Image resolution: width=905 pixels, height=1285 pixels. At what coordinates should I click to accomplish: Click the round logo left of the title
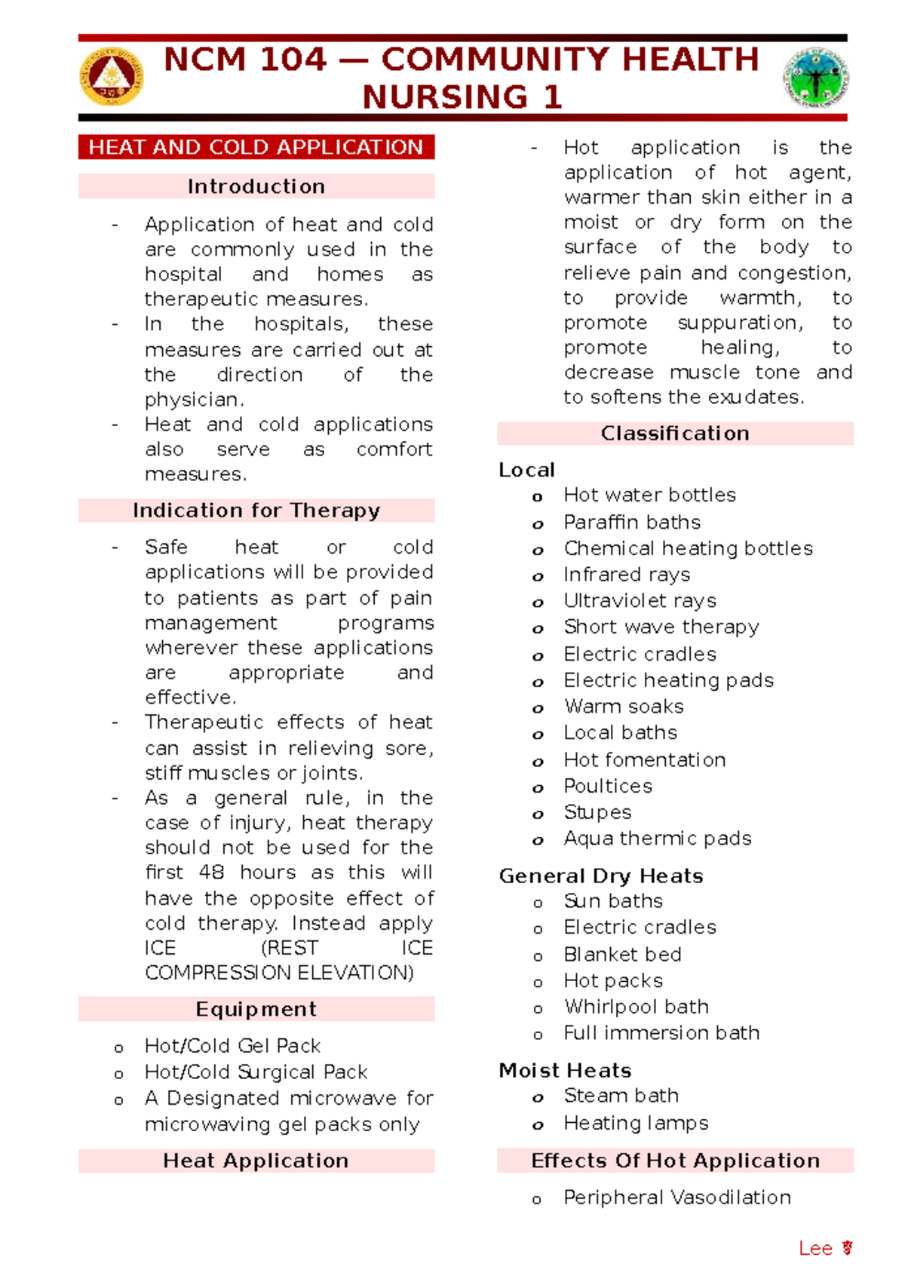point(112,77)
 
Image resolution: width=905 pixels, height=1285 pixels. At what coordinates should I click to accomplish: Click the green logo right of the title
point(816,78)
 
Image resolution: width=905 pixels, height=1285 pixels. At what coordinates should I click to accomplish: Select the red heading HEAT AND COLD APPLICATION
point(256,147)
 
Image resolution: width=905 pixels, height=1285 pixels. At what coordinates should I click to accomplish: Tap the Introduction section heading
point(256,186)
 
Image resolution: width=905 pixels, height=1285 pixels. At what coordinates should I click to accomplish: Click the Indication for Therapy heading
point(256,511)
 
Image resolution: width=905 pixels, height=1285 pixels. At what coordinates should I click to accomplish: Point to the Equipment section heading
point(256,1009)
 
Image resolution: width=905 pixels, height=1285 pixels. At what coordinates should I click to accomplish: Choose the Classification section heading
point(675,434)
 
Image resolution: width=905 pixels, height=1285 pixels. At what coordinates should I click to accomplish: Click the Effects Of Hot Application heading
point(675,1161)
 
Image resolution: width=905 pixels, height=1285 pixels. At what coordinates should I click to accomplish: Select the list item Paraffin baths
point(632,522)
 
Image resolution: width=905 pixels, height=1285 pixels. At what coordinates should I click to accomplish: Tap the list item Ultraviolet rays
point(640,601)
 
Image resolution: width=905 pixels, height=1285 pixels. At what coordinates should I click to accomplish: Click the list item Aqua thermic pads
point(657,839)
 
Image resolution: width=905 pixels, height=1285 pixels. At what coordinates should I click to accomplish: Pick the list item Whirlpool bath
point(636,1007)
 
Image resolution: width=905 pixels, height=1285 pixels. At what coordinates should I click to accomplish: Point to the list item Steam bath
point(621,1096)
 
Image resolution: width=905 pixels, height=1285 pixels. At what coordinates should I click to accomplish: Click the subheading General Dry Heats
point(601,876)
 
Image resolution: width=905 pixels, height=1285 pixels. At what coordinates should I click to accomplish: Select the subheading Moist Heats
point(565,1071)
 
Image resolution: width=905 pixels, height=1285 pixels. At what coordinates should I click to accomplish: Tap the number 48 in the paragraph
point(211,873)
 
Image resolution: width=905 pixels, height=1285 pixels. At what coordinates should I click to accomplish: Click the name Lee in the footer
point(815,1249)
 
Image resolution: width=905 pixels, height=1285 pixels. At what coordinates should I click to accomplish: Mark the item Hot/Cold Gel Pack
point(232,1046)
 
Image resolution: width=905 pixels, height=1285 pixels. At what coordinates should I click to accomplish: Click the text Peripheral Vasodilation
point(676,1198)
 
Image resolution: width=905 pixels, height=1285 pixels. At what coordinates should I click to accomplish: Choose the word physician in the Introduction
point(193,400)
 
